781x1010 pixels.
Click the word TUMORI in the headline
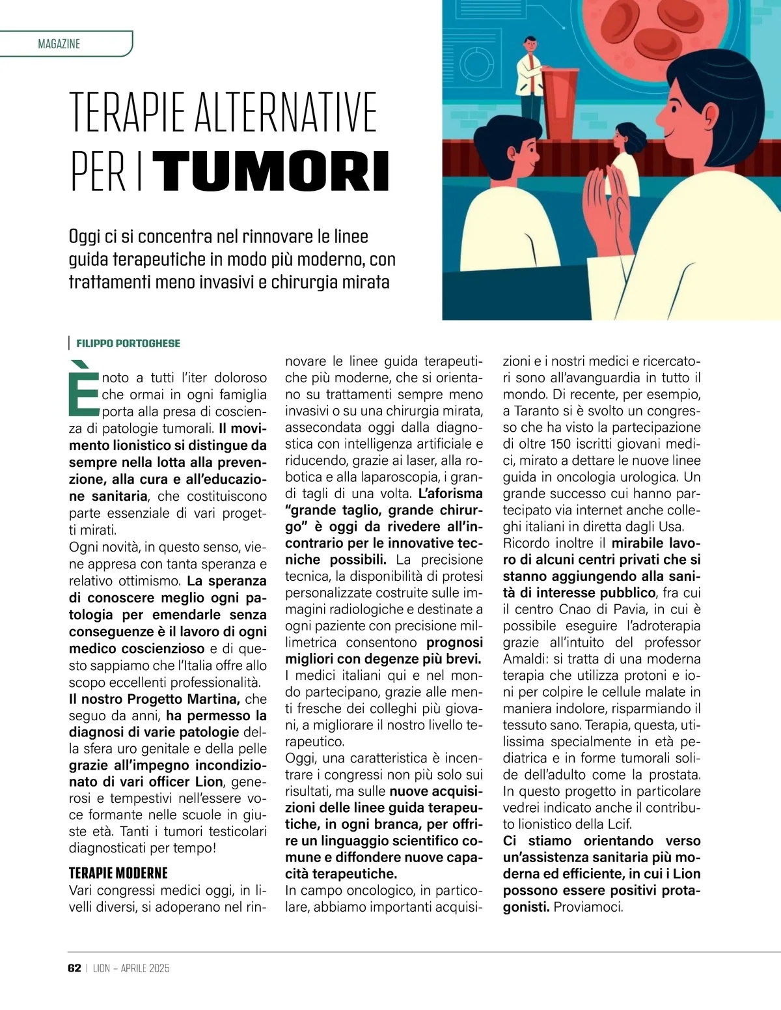point(274,172)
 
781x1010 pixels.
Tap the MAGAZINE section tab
point(59,44)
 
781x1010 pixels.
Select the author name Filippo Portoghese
point(128,343)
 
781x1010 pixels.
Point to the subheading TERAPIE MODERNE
point(118,873)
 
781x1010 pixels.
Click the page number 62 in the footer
point(74,968)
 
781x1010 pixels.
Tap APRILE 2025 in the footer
point(145,968)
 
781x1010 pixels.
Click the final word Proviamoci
point(588,907)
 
